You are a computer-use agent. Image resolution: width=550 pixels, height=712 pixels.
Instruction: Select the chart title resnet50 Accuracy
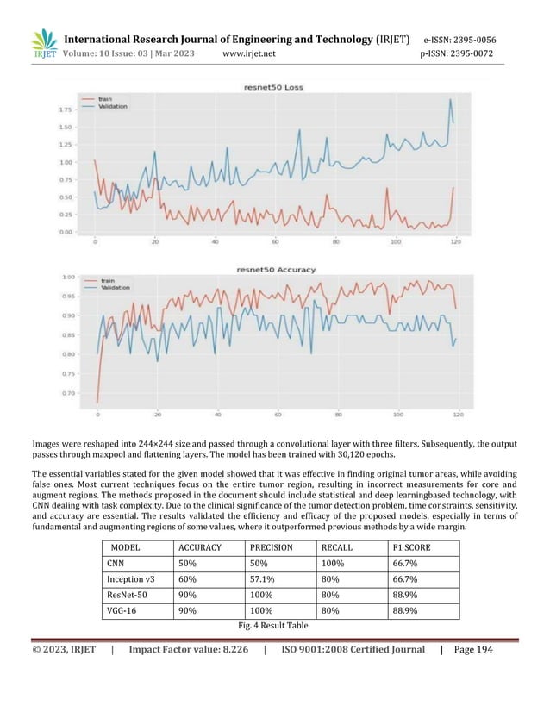[274, 270]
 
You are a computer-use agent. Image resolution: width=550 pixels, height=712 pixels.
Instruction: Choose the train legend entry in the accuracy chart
[109, 281]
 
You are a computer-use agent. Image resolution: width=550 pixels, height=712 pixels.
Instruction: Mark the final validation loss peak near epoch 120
[449, 99]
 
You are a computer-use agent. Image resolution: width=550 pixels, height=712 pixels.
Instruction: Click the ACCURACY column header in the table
[200, 547]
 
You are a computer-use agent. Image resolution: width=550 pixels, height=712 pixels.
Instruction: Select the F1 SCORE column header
[413, 547]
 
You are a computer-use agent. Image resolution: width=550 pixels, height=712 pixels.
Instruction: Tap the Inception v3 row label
[130, 579]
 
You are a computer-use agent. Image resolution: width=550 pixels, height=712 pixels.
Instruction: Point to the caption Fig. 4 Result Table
[274, 625]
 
